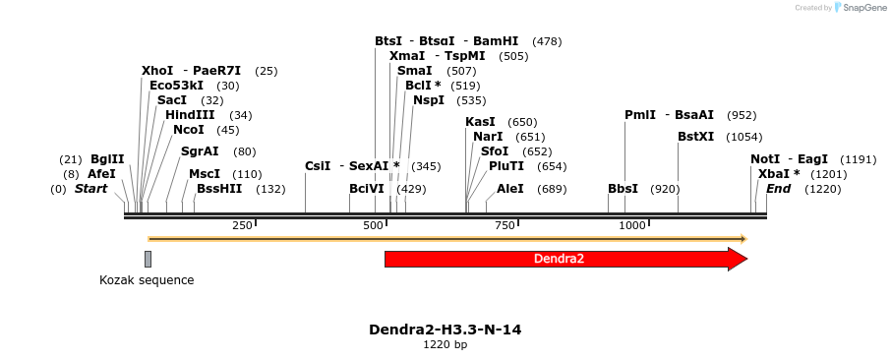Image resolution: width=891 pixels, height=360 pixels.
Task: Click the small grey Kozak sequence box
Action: point(148,259)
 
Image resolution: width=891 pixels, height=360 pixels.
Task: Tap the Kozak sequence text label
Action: point(147,280)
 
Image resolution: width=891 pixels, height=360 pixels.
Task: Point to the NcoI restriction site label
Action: point(188,130)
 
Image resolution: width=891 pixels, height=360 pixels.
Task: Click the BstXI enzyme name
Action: point(696,137)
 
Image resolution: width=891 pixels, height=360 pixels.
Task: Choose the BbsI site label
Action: point(623,189)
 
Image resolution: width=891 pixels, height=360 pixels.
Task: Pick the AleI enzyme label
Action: point(510,189)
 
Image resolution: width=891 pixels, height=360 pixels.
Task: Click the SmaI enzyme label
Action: point(414,71)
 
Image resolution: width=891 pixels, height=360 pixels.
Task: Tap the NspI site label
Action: point(429,100)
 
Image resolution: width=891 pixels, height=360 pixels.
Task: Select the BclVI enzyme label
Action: point(367,189)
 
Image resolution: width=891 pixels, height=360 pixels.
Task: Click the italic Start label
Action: point(91,189)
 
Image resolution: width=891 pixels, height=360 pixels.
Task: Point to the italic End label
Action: point(778,189)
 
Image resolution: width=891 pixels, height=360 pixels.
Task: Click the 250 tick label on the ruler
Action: point(242,226)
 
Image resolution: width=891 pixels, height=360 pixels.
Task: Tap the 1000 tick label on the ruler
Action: point(631,226)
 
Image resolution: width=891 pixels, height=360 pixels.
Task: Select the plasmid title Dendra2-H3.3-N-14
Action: point(445,330)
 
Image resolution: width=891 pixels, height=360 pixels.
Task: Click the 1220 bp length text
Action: point(445,345)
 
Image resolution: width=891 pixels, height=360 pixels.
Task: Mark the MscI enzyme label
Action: point(205,174)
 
